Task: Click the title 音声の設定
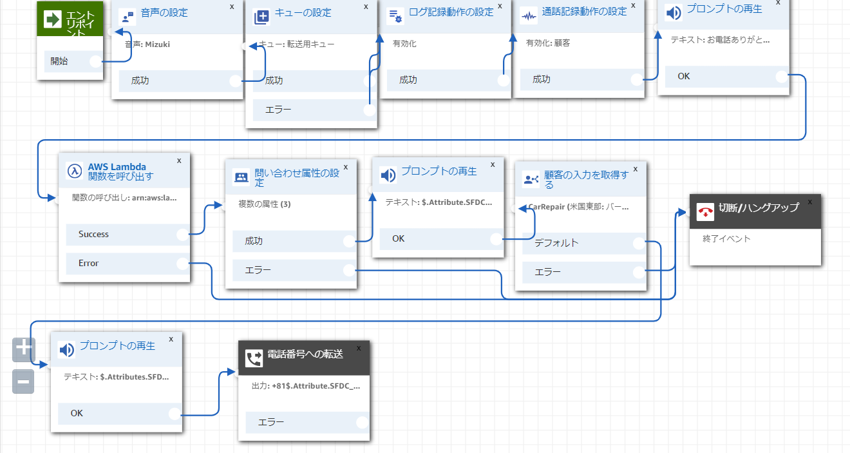164,12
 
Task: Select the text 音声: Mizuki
147,44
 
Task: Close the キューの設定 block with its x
366,6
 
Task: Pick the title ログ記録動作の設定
451,12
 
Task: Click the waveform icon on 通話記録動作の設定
529,16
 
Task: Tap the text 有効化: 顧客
548,43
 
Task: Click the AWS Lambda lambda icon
75,171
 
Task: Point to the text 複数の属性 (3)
265,204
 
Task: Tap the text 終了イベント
726,238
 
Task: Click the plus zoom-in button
23,348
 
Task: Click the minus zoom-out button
23,381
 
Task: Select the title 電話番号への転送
305,354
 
